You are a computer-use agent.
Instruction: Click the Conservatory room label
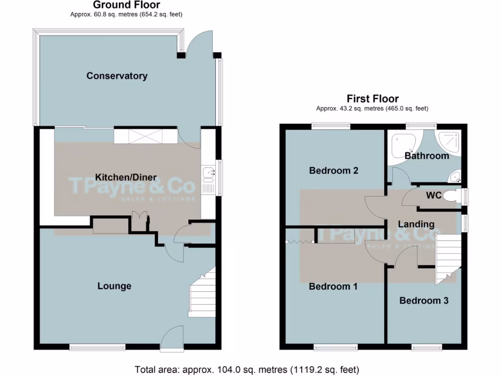pos(117,76)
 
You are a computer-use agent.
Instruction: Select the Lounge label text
pos(114,286)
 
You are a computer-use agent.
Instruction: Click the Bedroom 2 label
pos(334,171)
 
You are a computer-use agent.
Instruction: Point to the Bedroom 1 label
pos(333,286)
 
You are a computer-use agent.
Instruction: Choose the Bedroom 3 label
pos(424,301)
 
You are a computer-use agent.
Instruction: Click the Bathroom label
pos(427,156)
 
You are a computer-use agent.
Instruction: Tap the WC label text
pos(433,196)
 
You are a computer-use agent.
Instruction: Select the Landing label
pos(416,224)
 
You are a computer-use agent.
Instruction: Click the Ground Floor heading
pos(126,5)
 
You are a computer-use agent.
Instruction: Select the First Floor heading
pos(373,99)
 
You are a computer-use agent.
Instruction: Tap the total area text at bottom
pos(247,369)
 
